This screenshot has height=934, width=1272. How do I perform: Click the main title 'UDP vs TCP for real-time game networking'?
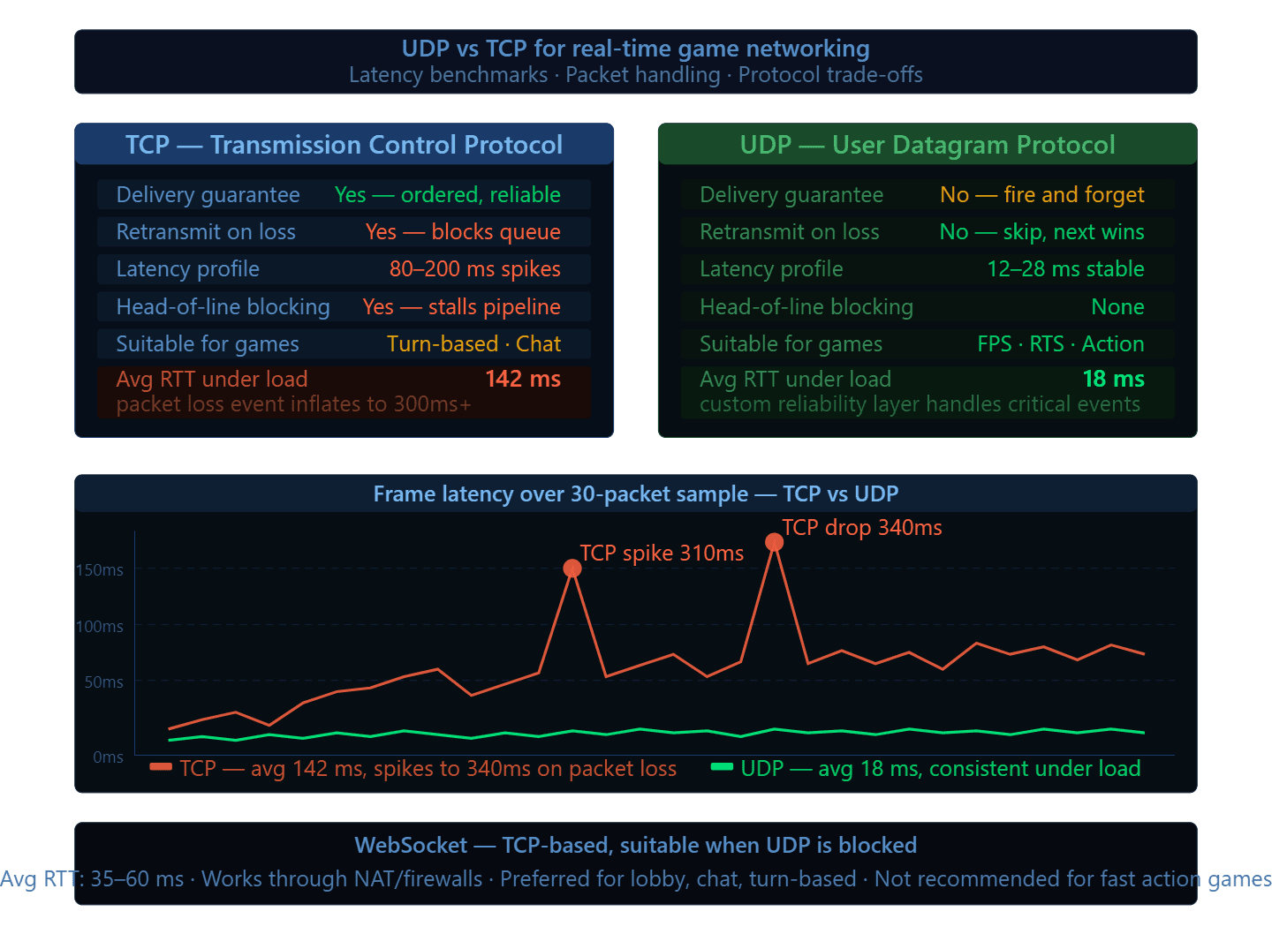click(x=635, y=49)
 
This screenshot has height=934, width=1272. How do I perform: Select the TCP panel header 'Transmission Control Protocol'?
click(x=344, y=145)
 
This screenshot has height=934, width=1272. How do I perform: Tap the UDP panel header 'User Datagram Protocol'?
click(x=927, y=145)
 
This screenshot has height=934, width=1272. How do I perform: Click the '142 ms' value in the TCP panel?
click(x=523, y=380)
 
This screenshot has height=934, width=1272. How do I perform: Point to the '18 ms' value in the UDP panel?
click(x=1113, y=380)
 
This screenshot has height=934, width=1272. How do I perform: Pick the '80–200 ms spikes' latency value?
click(x=474, y=269)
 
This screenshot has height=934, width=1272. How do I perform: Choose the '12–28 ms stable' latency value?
click(x=1065, y=269)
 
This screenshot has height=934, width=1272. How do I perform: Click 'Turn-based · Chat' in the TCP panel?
click(x=473, y=344)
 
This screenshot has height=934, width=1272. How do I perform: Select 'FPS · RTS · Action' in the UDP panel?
click(x=1060, y=344)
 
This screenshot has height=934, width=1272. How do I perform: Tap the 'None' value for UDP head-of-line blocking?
click(x=1117, y=307)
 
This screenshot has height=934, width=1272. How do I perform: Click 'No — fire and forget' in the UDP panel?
click(x=1041, y=195)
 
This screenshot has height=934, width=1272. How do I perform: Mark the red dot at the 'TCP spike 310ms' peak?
click(x=572, y=569)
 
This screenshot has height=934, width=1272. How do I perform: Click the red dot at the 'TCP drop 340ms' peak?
click(x=774, y=542)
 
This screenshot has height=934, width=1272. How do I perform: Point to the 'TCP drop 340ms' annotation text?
click(x=861, y=528)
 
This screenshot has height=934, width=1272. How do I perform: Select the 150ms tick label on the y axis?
click(x=100, y=570)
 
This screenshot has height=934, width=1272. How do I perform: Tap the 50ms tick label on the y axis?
click(x=104, y=682)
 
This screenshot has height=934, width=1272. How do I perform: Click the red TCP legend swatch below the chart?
click(x=161, y=767)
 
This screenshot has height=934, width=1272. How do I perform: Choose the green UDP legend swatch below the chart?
click(x=722, y=767)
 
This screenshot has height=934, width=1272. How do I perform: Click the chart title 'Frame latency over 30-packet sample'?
click(x=560, y=494)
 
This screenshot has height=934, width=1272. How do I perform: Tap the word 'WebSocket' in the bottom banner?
click(x=411, y=846)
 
